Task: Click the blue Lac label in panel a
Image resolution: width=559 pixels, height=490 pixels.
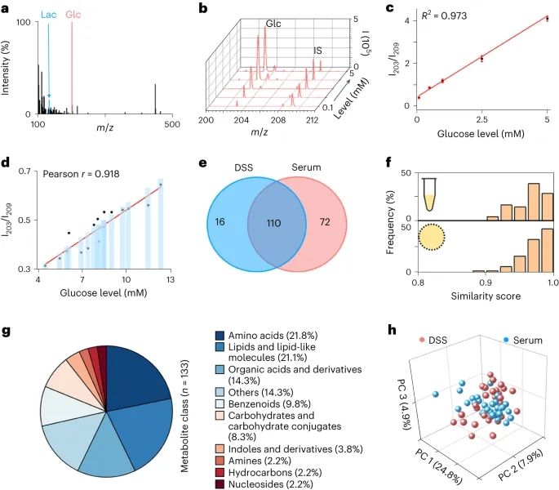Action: [48, 15]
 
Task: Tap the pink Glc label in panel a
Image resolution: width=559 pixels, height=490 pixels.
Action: [73, 15]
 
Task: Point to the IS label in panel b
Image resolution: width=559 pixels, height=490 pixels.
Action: [317, 51]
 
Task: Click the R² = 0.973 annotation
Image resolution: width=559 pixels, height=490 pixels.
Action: [444, 16]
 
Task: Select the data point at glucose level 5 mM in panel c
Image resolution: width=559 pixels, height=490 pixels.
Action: [548, 18]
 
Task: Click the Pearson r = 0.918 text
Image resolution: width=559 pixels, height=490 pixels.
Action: [81, 174]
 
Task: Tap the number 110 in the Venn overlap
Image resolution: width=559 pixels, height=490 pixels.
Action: [274, 224]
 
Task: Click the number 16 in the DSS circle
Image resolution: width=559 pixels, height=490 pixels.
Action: [220, 222]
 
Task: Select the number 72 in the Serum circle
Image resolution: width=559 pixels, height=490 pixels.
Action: [325, 222]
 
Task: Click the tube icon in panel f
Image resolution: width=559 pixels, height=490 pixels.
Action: [430, 194]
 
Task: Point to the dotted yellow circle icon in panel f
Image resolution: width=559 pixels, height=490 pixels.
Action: [432, 237]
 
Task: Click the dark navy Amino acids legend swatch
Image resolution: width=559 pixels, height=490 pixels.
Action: [220, 336]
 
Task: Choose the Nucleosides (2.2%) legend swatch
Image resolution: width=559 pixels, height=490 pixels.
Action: [220, 484]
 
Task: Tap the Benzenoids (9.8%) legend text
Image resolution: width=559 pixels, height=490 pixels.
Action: [269, 403]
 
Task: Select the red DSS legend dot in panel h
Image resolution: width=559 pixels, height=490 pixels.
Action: [422, 340]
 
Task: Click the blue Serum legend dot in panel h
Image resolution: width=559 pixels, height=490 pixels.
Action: [506, 340]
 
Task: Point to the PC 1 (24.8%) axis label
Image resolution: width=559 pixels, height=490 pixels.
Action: [438, 466]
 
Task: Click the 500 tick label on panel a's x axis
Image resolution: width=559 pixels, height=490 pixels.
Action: [172, 124]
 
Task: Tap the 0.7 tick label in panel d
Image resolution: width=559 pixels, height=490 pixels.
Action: [24, 171]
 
